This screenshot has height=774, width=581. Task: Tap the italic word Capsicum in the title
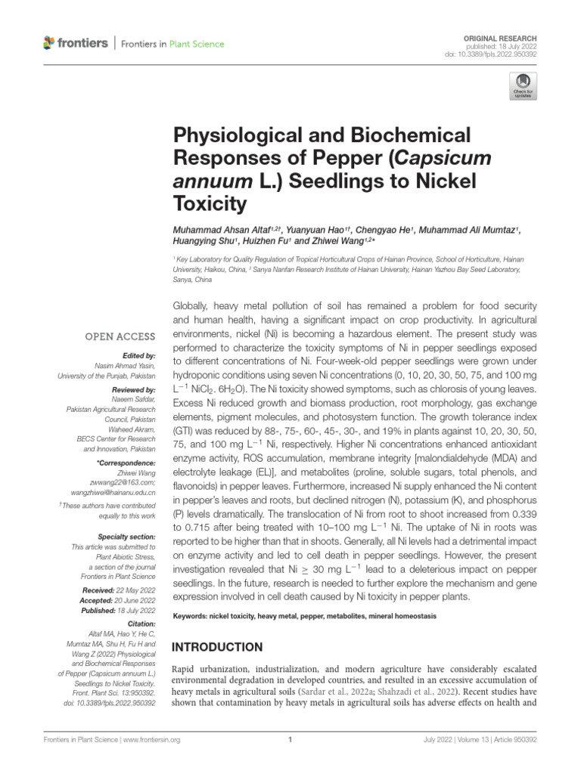(437, 159)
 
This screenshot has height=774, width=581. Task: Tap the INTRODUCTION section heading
(218, 647)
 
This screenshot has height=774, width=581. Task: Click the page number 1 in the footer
(290, 740)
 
